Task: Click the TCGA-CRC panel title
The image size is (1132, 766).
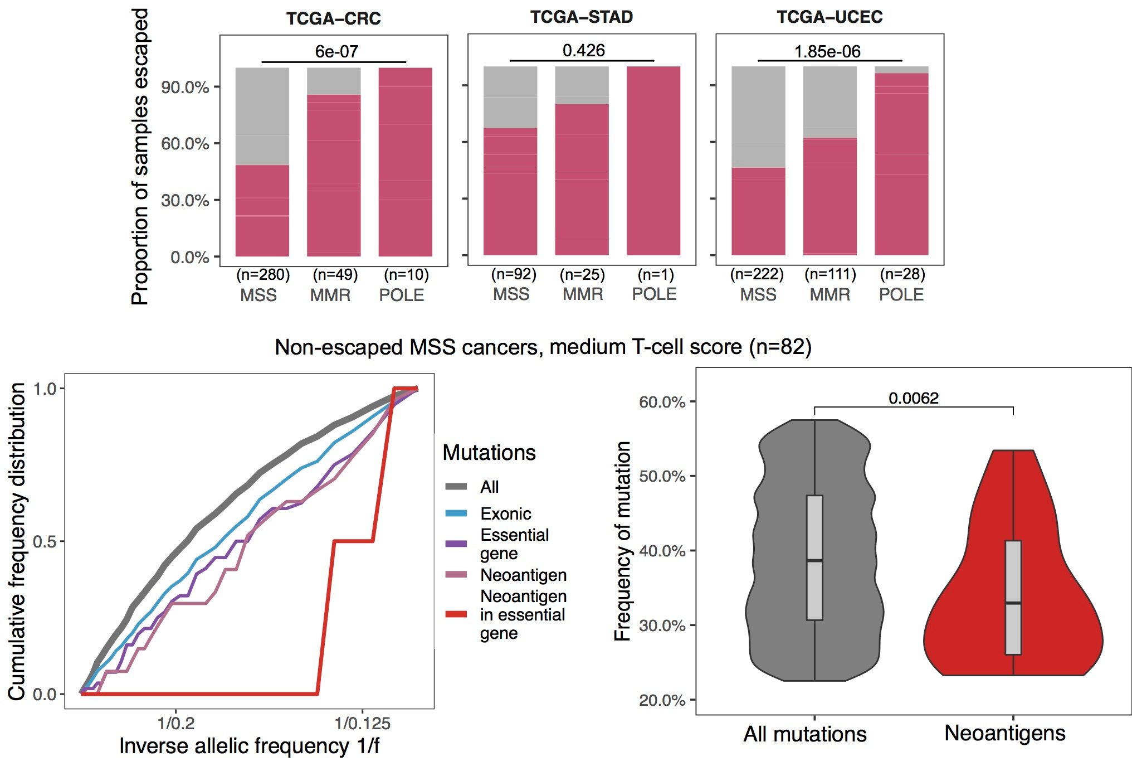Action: click(333, 18)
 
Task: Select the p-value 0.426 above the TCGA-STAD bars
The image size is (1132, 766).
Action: click(583, 51)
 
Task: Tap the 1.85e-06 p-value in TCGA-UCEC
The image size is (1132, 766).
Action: click(827, 52)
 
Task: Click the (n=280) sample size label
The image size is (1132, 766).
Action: click(263, 274)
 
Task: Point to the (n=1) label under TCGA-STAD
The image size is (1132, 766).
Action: click(656, 274)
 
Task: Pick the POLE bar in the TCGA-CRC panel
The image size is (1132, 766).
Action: click(405, 162)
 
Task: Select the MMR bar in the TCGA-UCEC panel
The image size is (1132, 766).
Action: click(830, 195)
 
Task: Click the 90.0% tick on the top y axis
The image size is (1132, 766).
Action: click(185, 87)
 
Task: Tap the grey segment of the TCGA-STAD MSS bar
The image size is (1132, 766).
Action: click(510, 98)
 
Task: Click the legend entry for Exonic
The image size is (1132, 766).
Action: click(505, 513)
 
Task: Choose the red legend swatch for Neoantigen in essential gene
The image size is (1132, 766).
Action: click(456, 614)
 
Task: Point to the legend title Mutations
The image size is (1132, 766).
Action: click(489, 452)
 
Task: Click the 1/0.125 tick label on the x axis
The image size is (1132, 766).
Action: click(362, 724)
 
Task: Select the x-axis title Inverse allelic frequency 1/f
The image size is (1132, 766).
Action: click(249, 746)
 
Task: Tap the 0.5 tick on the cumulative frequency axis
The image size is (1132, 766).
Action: click(45, 541)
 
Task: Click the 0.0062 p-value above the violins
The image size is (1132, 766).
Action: click(913, 398)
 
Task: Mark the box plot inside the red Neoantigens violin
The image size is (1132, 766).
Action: click(1013, 597)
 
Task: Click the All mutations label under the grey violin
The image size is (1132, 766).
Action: click(804, 734)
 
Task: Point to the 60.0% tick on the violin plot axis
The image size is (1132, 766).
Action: click(662, 402)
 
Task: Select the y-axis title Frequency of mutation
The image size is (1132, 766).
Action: click(622, 541)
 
